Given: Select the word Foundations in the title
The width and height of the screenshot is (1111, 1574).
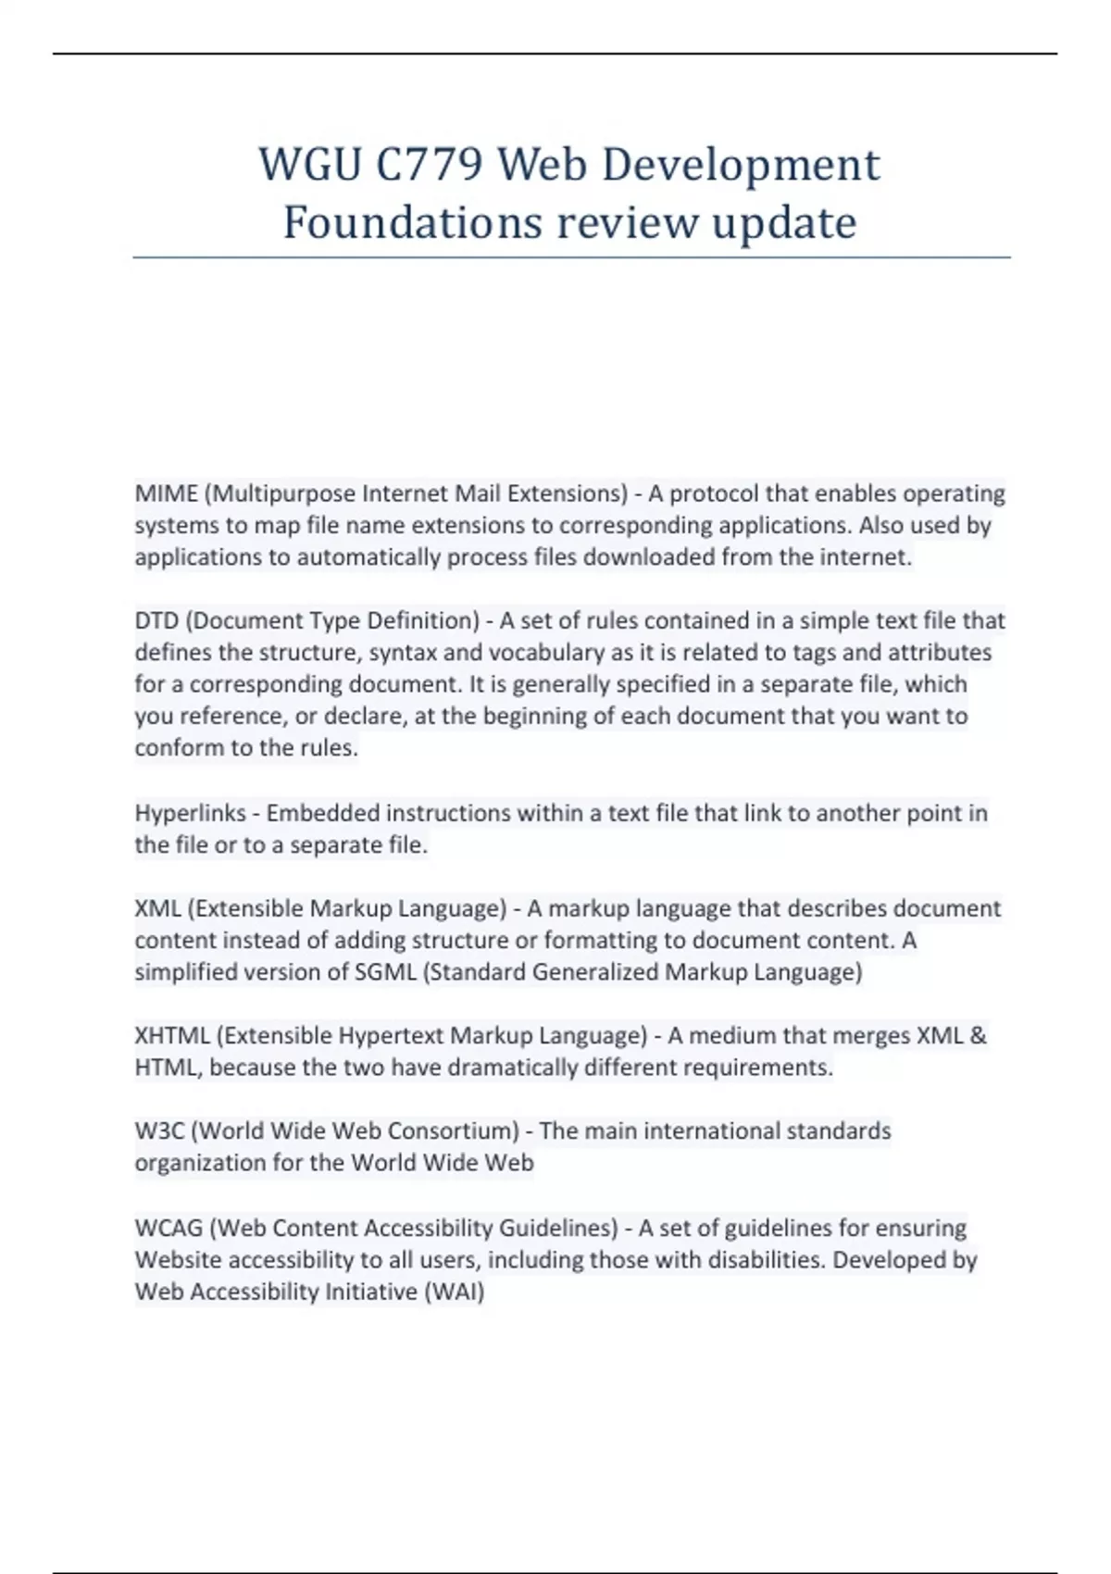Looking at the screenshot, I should pos(412,222).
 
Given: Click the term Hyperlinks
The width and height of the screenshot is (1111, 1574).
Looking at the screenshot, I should pos(190,813).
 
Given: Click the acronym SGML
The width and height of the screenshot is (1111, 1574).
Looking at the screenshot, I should pos(385,972).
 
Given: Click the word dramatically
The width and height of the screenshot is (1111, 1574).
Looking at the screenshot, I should pos(513,1068).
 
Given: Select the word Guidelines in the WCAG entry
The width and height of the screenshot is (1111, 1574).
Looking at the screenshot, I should pos(558,1228).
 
